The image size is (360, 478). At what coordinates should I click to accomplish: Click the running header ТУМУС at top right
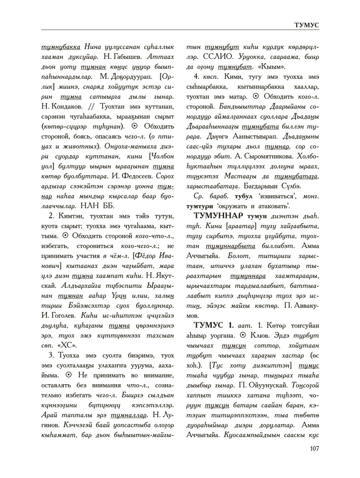(306, 25)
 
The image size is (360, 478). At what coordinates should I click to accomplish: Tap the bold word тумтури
(199, 206)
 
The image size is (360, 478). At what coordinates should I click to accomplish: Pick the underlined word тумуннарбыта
(230, 246)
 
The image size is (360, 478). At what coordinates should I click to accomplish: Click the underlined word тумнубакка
(61, 47)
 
